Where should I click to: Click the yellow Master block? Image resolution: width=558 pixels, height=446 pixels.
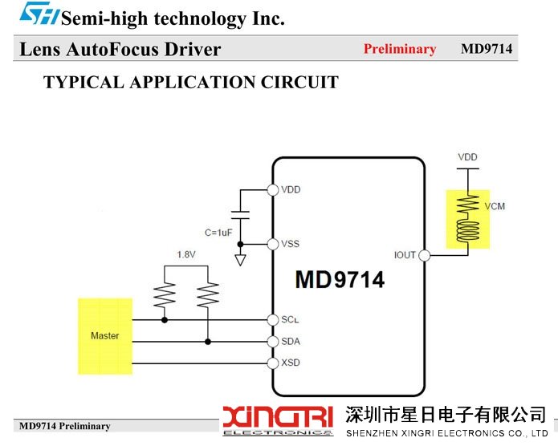[105, 336]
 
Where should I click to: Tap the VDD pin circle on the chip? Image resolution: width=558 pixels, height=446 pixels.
[273, 190]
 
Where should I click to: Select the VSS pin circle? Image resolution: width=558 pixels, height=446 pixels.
[273, 245]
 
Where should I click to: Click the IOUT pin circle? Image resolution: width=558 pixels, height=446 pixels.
[424, 255]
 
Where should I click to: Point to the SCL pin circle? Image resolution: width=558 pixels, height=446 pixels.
[273, 320]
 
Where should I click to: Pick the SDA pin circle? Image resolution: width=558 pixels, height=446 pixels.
[273, 342]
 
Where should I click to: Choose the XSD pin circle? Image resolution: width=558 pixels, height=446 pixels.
[273, 363]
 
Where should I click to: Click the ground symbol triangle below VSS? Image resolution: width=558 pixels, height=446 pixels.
[240, 260]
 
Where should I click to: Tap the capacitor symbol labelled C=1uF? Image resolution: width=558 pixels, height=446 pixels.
[240, 215]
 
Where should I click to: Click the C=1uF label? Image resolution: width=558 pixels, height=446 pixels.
[218, 233]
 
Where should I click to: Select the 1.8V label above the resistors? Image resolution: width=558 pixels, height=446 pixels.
[186, 254]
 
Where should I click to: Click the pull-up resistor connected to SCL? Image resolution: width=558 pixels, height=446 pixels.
[165, 294]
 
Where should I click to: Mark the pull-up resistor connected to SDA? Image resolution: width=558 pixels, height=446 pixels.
[208, 294]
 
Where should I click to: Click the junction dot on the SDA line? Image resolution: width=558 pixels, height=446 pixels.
[208, 342]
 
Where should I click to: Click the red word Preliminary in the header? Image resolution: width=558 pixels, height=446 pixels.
[400, 49]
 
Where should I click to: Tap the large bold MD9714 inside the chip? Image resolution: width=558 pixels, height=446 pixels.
[340, 279]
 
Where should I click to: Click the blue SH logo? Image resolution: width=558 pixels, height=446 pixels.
[39, 14]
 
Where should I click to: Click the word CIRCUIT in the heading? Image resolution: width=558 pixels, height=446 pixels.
[299, 83]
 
